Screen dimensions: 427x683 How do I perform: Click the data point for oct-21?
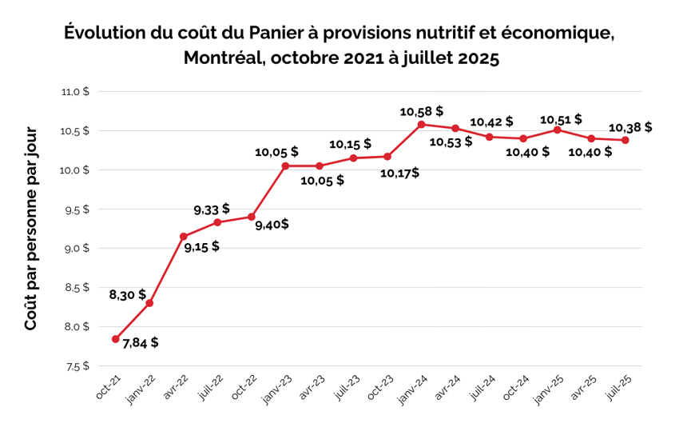point(116,339)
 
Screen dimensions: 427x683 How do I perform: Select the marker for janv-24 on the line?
point(421,124)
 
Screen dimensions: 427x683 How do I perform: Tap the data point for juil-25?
point(625,140)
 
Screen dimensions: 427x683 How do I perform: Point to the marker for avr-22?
point(184,237)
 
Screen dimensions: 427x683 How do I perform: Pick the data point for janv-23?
point(285,166)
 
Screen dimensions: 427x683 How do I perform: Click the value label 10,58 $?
point(421,110)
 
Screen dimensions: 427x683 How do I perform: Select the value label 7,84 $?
point(141,342)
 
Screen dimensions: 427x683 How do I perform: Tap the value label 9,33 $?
point(212,210)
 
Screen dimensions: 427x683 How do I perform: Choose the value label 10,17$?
point(400,172)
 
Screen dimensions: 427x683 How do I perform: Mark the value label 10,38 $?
point(630,126)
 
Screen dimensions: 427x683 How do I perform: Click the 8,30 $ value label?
point(128,294)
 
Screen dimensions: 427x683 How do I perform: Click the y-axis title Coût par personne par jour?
point(30,229)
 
